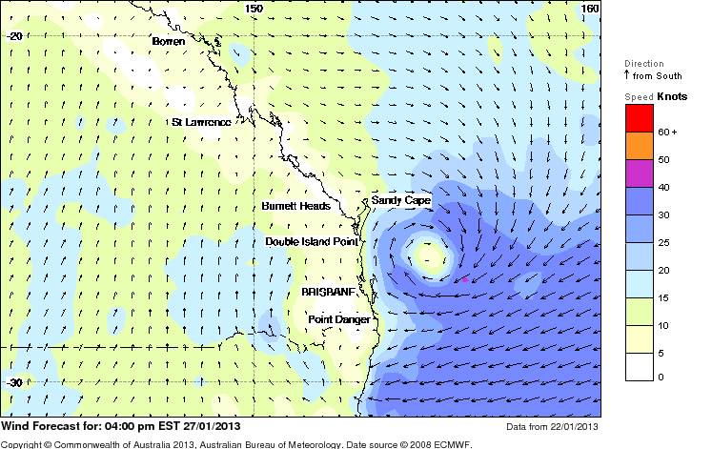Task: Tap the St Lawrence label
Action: pos(200,122)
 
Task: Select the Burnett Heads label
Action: pos(295,206)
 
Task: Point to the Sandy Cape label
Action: pos(400,201)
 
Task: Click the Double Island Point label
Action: pos(312,242)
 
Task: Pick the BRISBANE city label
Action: pos(328,291)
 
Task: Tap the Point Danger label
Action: pos(338,319)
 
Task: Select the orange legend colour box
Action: pos(639,145)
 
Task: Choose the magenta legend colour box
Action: pos(639,173)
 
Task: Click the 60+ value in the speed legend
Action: pos(667,132)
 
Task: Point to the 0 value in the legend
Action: pos(661,377)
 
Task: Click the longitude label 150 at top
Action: pos(254,8)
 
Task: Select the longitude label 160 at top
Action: pos(591,8)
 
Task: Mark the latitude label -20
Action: pos(14,35)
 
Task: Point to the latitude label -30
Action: pos(14,383)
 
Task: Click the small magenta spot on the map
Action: pos(464,279)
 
